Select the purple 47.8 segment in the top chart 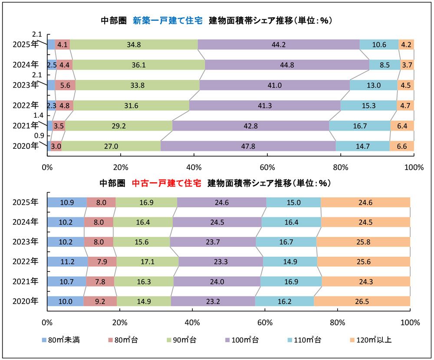[248, 146]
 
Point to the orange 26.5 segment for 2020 [362, 301]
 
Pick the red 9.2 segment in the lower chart [100, 301]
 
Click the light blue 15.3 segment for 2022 [368, 105]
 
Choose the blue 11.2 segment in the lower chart [67, 262]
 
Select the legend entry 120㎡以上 [373, 340]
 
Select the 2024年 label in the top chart [25, 65]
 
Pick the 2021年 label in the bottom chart [25, 281]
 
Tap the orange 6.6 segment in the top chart [402, 146]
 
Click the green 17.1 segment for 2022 [147, 262]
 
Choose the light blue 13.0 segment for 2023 [374, 85]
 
